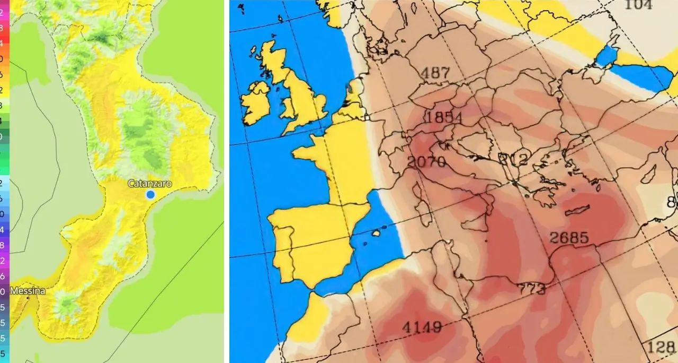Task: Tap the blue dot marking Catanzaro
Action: [150, 195]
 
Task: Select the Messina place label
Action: [28, 291]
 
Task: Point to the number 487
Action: [434, 73]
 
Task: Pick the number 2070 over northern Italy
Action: [426, 161]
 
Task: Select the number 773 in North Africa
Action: [531, 289]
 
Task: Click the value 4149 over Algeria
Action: [422, 327]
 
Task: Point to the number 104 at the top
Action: [638, 5]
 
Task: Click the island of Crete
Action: [577, 211]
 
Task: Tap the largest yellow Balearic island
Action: [377, 233]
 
